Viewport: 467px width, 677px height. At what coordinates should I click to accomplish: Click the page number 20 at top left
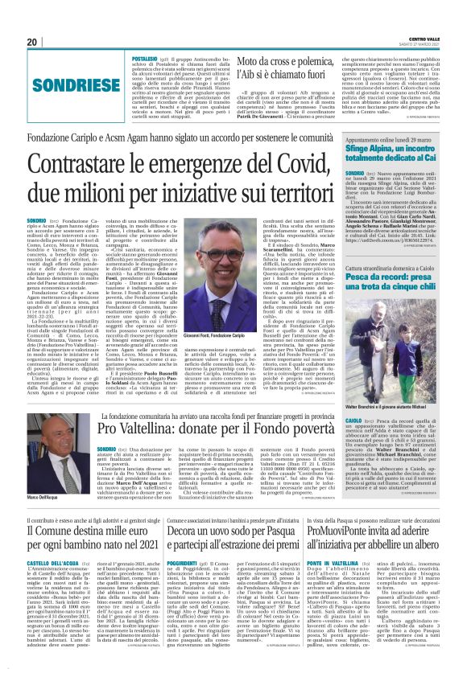coord(31,42)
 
